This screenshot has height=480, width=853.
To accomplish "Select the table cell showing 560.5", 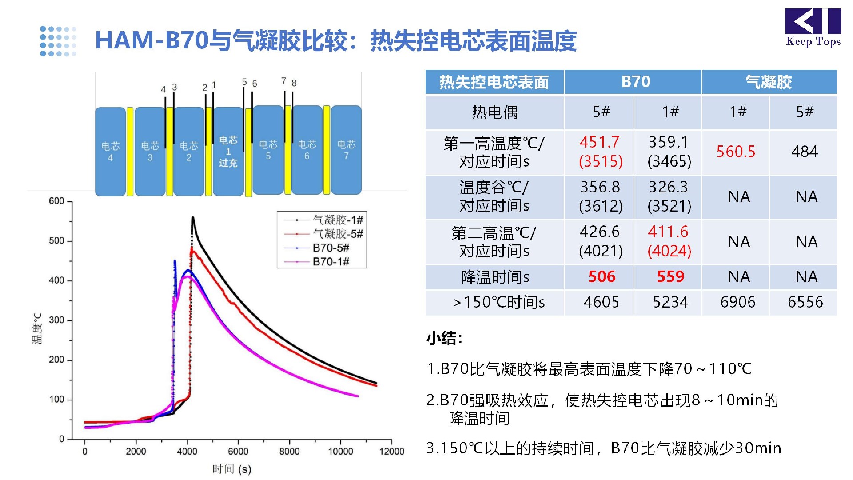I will (x=736, y=152).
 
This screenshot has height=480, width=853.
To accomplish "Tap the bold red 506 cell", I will (x=602, y=277).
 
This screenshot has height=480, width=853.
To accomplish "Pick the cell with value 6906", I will (x=737, y=302).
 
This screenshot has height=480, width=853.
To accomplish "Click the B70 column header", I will (x=635, y=82).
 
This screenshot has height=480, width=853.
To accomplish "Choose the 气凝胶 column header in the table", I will (x=769, y=82).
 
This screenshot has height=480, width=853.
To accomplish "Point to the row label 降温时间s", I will (x=495, y=277).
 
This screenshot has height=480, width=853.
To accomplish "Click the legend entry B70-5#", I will (x=331, y=248).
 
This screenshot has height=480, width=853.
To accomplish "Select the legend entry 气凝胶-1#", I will (x=338, y=220).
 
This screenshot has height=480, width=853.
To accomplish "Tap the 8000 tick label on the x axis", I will (x=289, y=452).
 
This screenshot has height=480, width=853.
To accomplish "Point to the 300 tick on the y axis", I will (x=56, y=320).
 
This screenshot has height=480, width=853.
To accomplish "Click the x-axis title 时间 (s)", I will (x=231, y=469).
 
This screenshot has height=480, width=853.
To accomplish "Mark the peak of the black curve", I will (x=193, y=217).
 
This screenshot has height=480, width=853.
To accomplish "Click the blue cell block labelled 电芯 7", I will (x=346, y=150).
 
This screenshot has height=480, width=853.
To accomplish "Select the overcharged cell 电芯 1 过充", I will (x=228, y=151).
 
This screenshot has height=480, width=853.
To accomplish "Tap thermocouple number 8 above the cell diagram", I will (x=294, y=83).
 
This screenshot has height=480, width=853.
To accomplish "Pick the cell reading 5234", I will (x=670, y=302).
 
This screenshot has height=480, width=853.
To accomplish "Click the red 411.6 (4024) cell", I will (x=669, y=241).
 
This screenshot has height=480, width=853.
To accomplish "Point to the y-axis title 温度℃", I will (x=37, y=329).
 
